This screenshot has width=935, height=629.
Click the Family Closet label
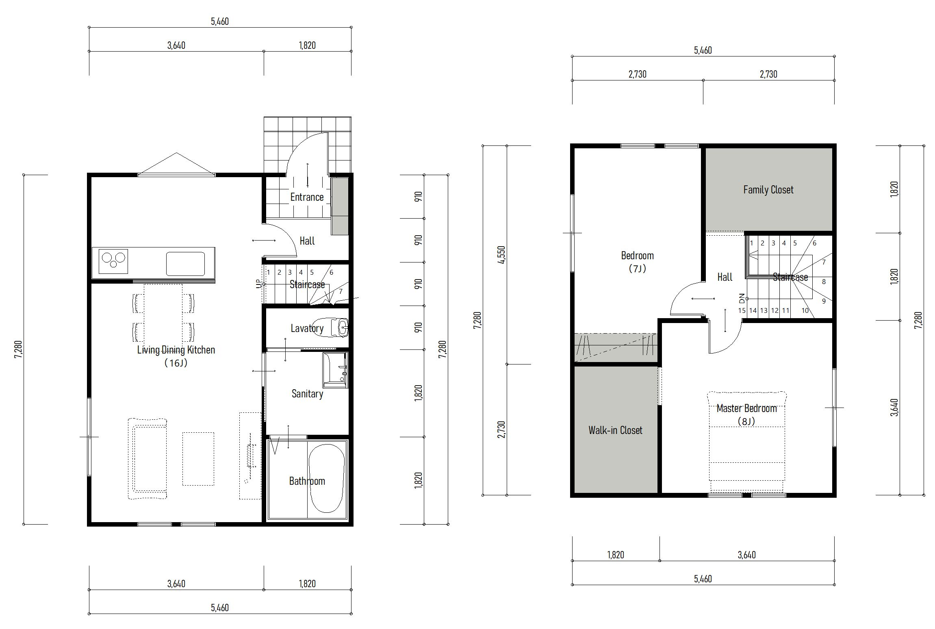(x=768, y=190)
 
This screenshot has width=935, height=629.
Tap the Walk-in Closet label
(x=615, y=430)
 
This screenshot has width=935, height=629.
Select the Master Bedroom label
(x=746, y=408)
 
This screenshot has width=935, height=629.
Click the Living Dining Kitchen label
(x=176, y=350)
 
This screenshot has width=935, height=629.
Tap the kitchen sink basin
(x=185, y=264)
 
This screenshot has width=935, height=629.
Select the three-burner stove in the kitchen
(x=113, y=261)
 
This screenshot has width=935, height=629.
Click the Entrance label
(x=307, y=197)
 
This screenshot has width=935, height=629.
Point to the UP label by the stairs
(x=259, y=284)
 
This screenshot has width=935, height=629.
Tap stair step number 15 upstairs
(x=742, y=310)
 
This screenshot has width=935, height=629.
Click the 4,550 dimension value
(x=501, y=255)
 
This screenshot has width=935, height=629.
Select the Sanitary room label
(x=307, y=394)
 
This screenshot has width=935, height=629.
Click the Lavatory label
(x=307, y=328)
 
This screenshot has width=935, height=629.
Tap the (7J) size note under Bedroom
(x=637, y=269)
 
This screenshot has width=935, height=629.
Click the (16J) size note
(x=176, y=363)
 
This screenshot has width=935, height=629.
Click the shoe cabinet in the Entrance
(x=340, y=206)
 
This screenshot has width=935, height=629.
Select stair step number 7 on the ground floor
(x=341, y=291)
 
